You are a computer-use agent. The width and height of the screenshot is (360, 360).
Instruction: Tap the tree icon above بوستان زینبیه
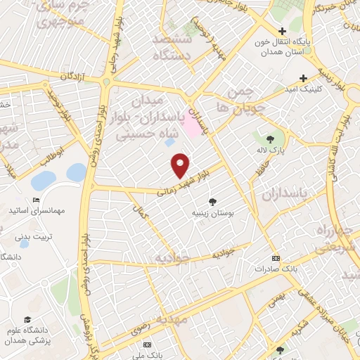(213, 202)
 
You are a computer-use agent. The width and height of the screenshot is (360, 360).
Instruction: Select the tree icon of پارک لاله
(271, 138)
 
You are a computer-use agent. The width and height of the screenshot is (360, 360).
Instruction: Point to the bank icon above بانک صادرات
(275, 257)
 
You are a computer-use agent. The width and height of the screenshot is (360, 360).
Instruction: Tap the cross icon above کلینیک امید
(303, 78)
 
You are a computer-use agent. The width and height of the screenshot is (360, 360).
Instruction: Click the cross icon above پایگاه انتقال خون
(282, 32)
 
